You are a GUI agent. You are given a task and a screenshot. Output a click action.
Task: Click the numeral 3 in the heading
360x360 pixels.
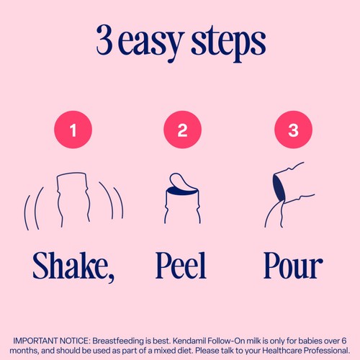(104, 40)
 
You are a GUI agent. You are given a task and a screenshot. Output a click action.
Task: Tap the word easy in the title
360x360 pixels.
(150, 43)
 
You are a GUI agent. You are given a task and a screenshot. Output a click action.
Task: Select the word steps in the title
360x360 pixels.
(228, 42)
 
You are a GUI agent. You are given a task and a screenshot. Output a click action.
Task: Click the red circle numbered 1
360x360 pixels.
(73, 130)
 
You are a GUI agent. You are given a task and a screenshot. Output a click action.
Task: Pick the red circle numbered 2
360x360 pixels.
(182, 130)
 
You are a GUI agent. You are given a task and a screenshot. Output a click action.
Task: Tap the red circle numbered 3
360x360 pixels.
(293, 130)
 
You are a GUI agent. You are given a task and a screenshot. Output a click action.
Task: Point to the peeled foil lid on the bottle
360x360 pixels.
(179, 181)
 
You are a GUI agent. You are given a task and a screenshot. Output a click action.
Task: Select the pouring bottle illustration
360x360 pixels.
(289, 194)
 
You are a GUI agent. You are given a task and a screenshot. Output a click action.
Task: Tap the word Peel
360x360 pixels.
(181, 266)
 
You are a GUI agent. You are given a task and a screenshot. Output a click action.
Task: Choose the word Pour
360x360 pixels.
(293, 266)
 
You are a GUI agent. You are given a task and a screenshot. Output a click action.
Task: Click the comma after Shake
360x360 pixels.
(111, 279)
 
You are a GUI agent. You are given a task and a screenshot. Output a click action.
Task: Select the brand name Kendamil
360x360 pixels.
(189, 341)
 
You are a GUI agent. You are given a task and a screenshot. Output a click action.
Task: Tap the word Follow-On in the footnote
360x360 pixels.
(225, 341)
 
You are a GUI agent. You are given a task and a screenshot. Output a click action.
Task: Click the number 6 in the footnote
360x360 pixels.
(344, 341)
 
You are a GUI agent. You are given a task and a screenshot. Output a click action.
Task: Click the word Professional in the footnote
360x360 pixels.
(327, 351)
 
